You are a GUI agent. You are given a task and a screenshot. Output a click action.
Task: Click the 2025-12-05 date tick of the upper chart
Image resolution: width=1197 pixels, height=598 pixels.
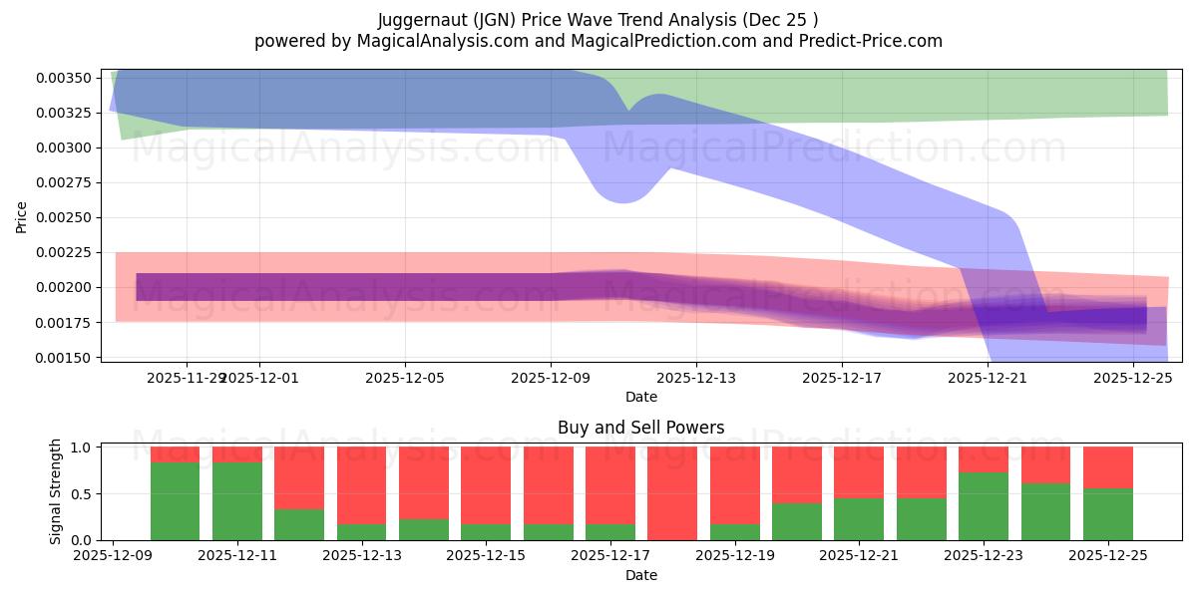[405, 378]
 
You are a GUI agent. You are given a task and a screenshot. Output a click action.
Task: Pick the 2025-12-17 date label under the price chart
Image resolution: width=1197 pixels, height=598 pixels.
[842, 378]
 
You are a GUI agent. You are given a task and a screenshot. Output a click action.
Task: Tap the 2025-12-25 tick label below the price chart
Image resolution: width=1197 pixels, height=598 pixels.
[1133, 378]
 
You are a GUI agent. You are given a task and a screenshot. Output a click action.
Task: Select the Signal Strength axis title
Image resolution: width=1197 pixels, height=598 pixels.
[56, 491]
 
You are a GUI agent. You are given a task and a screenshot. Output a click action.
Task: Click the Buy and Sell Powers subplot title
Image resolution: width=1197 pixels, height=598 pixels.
[641, 428]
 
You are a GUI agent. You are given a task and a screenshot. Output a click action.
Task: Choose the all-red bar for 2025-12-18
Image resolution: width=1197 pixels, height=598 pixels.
[672, 493]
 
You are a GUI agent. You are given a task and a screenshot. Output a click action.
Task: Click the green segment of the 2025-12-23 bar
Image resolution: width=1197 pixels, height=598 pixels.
[984, 506]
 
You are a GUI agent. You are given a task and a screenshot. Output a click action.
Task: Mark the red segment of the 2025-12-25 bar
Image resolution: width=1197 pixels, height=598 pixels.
[1108, 467]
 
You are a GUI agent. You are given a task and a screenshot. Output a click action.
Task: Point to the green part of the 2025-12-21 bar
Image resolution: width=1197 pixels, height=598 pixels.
[859, 518]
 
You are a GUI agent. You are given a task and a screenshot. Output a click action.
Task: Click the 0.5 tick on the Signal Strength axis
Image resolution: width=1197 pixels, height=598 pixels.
[83, 493]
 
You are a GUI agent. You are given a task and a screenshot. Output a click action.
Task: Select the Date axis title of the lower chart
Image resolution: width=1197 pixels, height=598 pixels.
[641, 575]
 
